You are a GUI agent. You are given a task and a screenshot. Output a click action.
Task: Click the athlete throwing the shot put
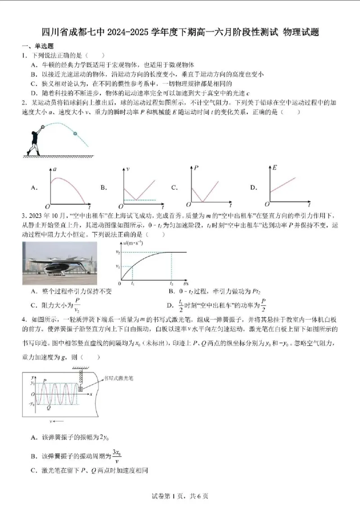[x=35, y=140]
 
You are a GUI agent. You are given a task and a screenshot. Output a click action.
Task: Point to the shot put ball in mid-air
[x=75, y=134]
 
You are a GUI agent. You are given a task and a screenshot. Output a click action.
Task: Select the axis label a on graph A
[x=54, y=169]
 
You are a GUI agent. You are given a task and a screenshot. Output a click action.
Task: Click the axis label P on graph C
[x=196, y=168]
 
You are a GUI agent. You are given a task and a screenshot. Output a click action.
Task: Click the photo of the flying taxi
[x=59, y=263]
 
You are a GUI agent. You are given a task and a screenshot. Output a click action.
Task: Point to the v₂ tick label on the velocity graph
[x=117, y=252]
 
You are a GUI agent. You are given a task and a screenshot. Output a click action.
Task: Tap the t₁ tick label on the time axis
[x=133, y=284]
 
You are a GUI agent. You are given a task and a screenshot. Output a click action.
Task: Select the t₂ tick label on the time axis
[x=171, y=284]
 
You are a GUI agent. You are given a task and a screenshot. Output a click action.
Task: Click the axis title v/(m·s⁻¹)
[x=131, y=243]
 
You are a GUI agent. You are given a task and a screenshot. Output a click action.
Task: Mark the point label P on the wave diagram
[x=45, y=381]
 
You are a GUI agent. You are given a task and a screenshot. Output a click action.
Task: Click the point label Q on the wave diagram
[x=49, y=408]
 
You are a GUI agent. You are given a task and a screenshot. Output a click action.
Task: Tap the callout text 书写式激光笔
[x=118, y=378]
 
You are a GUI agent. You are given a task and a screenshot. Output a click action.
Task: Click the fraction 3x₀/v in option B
[x=117, y=456]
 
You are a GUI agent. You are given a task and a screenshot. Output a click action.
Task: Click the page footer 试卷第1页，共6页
[x=180, y=496]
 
